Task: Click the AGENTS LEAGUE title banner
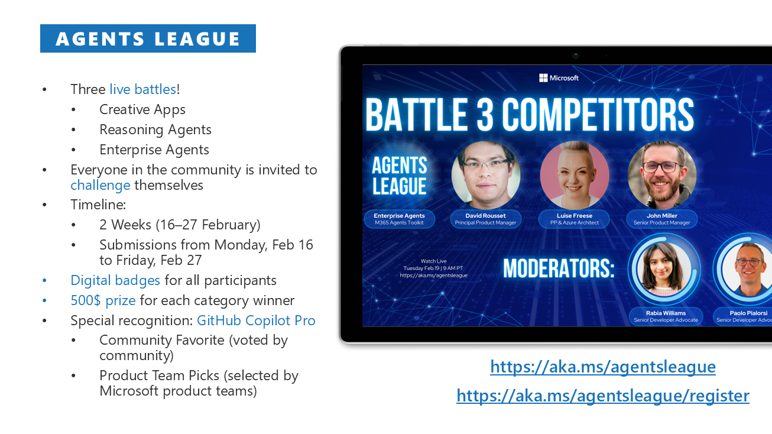148,38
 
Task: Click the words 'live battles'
143,89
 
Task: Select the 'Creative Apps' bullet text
142,109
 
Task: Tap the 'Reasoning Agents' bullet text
155,129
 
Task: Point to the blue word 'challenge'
100,186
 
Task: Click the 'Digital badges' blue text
115,281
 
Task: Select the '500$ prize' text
103,300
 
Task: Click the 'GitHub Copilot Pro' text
256,320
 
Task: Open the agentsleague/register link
603,396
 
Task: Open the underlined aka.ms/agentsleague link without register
603,367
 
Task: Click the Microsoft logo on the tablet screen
559,78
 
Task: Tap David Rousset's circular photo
485,175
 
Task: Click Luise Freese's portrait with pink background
574,175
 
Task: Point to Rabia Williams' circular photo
664,270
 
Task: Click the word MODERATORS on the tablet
559,268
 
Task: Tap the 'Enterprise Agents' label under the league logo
399,216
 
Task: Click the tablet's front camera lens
575,55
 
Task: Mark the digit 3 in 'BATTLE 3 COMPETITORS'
485,115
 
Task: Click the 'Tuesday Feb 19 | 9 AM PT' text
433,268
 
